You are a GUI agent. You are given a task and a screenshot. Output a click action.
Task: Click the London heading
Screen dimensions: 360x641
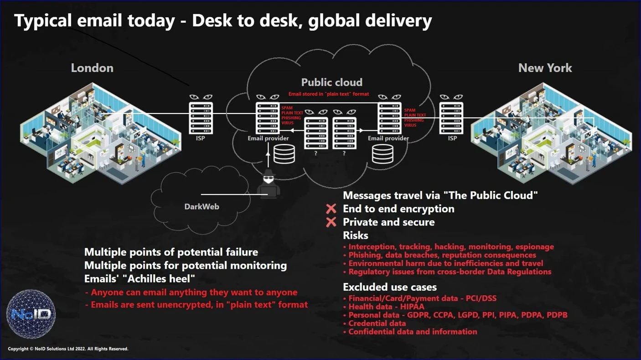(x=92, y=68)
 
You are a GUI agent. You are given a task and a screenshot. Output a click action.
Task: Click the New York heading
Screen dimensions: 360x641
(x=545, y=68)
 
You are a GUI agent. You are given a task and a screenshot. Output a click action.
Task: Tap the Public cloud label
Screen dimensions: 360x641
(x=331, y=82)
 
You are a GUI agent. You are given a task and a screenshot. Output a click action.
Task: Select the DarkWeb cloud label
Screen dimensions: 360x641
(x=202, y=206)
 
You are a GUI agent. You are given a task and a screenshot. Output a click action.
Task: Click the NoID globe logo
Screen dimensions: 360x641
(x=31, y=314)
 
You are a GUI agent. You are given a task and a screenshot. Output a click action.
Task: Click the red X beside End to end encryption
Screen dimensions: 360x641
(x=331, y=209)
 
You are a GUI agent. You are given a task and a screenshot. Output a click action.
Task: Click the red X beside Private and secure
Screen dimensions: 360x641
(x=331, y=222)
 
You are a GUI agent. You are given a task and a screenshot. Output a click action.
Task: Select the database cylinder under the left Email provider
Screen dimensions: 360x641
(x=284, y=154)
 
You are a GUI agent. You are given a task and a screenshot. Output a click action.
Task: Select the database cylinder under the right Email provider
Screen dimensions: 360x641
(x=383, y=154)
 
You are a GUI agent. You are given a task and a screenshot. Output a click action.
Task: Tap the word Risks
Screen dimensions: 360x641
(x=355, y=235)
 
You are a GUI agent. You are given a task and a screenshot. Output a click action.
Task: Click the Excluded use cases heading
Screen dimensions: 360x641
(x=389, y=287)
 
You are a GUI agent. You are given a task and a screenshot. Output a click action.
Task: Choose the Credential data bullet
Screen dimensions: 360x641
(x=377, y=323)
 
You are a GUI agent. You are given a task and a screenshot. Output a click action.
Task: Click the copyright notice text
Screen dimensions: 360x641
(x=68, y=349)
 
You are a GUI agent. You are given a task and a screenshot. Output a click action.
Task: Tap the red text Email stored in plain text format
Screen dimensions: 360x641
(x=328, y=94)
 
